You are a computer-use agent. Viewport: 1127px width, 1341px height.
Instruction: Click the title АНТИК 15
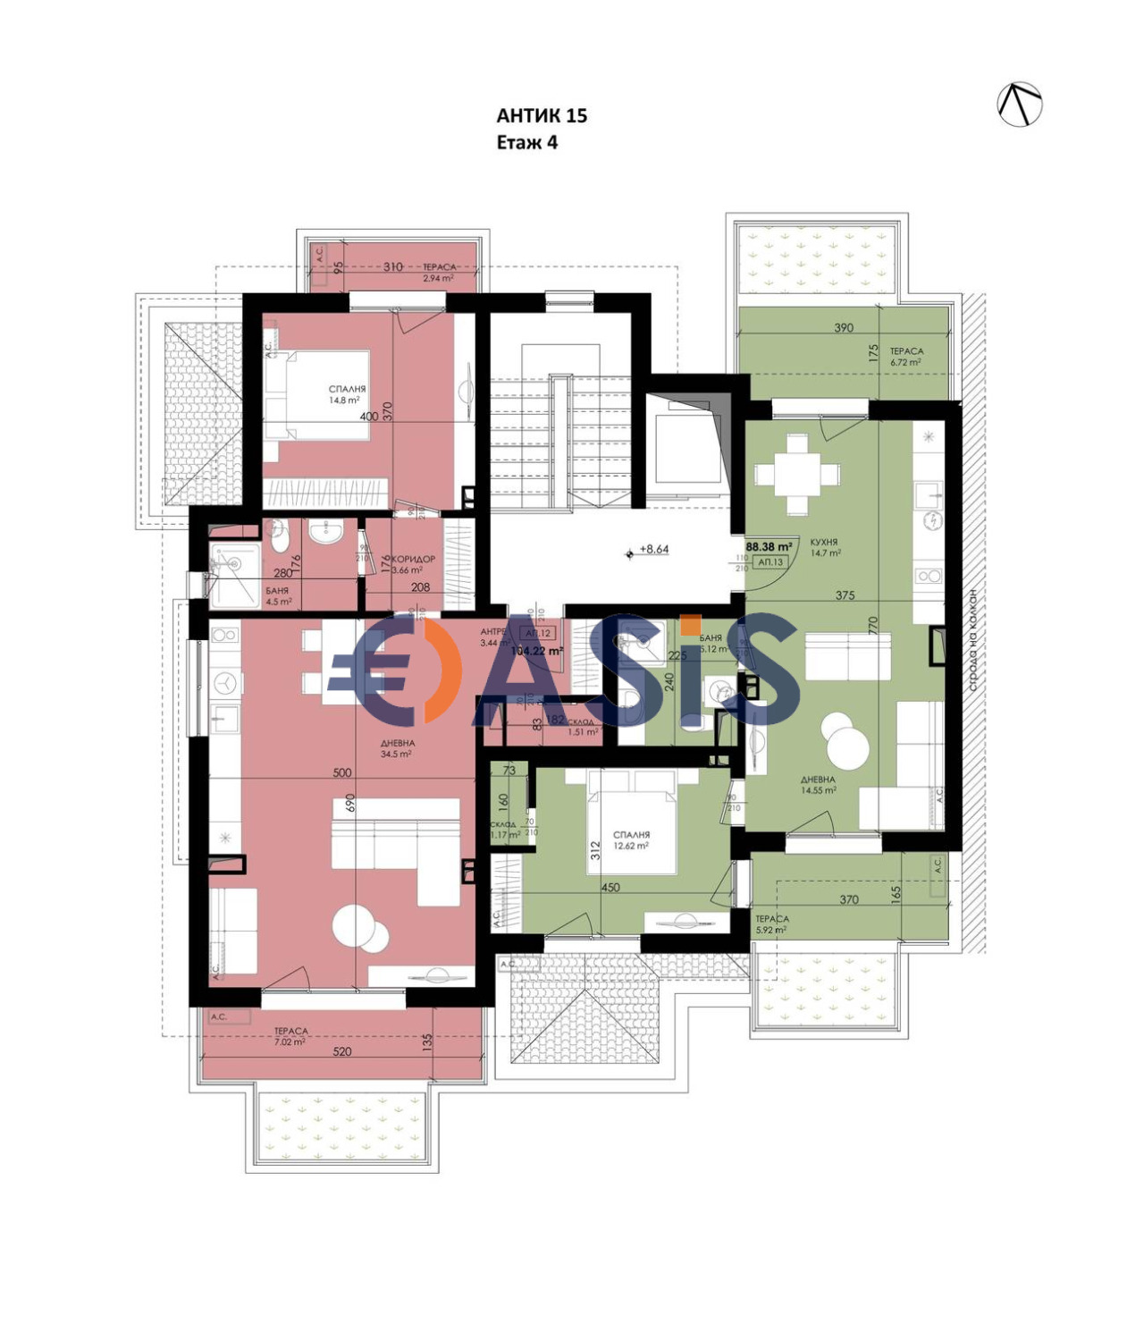[x=542, y=115]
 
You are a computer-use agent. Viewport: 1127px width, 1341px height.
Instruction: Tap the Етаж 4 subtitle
[x=526, y=142]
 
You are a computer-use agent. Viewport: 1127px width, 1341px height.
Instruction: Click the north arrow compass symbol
[x=1020, y=104]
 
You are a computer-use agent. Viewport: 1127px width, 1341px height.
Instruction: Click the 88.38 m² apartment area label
[x=769, y=546]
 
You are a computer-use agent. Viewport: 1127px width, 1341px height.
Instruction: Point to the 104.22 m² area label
[x=536, y=651]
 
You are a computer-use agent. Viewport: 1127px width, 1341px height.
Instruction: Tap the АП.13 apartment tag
[x=770, y=562]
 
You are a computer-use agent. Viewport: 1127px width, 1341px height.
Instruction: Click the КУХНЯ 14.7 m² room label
[x=824, y=547]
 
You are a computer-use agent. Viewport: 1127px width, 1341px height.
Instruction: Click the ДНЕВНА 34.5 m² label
[x=396, y=748]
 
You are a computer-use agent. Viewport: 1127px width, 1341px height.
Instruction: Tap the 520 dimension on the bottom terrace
[x=341, y=1051]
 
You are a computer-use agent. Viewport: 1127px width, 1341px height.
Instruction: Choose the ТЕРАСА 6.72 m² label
[x=905, y=357]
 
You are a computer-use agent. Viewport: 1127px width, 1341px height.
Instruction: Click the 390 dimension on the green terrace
[x=843, y=328]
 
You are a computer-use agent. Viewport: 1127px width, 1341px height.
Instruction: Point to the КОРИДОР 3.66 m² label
[x=412, y=564]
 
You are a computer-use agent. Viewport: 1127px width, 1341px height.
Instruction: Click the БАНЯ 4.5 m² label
[x=278, y=595]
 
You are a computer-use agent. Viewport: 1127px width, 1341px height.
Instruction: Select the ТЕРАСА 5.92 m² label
[x=771, y=924]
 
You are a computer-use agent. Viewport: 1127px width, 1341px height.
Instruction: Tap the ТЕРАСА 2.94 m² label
[x=439, y=272]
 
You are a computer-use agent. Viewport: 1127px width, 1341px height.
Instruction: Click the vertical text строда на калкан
[x=973, y=640]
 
